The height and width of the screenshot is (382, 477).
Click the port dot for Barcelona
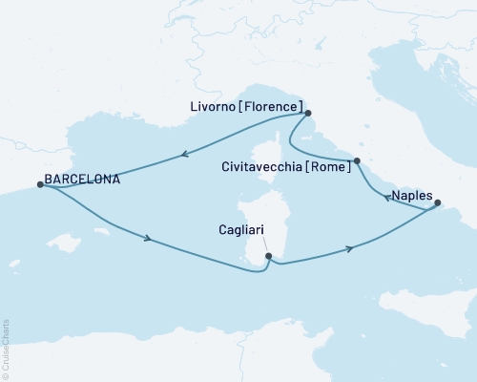tap(39, 184)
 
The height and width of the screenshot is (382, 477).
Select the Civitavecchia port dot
tap(356, 161)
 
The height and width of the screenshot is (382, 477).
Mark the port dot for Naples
tap(437, 202)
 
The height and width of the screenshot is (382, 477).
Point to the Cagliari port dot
tap(268, 256)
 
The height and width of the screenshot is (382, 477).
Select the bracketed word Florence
tap(272, 106)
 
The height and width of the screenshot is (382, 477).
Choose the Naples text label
tap(410, 192)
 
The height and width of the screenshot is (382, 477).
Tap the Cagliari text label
tap(239, 229)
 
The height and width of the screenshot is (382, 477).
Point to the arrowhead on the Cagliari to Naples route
tap(350, 248)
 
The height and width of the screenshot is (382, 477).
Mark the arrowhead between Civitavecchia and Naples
tap(385, 199)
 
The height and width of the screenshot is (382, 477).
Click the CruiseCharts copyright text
tap(6, 349)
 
